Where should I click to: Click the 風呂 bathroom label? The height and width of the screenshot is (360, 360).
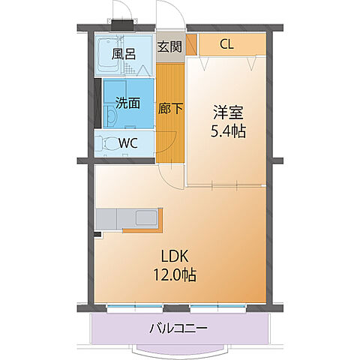[x=124, y=54]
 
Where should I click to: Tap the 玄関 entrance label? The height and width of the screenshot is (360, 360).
[x=169, y=46]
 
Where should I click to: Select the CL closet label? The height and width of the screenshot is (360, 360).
[x=226, y=44]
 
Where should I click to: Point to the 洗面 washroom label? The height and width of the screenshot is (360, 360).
[x=126, y=103]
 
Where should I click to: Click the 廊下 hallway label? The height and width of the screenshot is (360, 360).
[x=170, y=108]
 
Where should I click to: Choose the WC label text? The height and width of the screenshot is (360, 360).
[x=128, y=142]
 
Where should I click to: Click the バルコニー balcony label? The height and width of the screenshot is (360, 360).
[x=178, y=328]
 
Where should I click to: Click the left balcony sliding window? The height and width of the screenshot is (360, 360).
[x=136, y=307]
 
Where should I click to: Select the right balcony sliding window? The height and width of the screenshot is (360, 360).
[x=220, y=307]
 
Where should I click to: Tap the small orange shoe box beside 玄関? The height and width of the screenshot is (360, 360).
[x=191, y=43]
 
